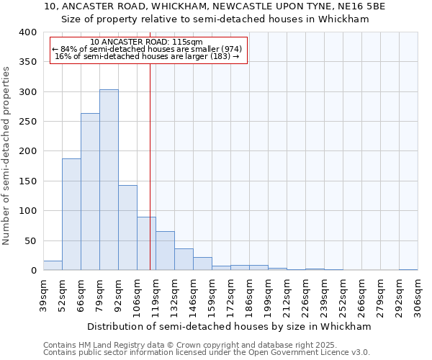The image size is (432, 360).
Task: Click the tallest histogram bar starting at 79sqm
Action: [x=109, y=180]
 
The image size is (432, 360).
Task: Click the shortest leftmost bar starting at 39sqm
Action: [x=53, y=266]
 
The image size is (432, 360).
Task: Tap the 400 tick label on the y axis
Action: [x=28, y=32]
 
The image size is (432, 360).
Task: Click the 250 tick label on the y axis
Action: [x=28, y=122]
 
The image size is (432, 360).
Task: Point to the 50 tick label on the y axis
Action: [x=31, y=240]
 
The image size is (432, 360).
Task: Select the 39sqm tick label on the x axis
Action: [x=44, y=296]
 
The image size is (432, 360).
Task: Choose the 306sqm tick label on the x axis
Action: [x=418, y=296]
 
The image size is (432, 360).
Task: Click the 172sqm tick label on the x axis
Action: [x=231, y=296]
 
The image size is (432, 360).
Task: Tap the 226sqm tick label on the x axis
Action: [x=306, y=296]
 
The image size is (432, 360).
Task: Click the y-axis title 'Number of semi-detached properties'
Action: [x=7, y=156]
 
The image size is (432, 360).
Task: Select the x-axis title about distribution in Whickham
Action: [x=230, y=326]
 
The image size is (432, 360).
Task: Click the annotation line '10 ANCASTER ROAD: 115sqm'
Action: [x=147, y=42]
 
